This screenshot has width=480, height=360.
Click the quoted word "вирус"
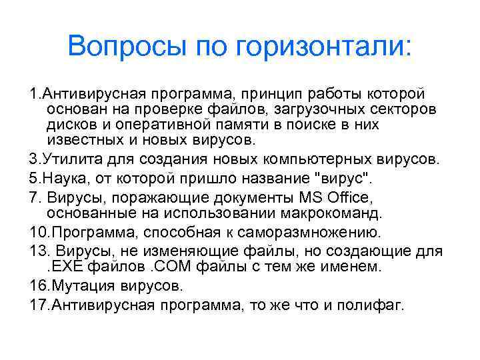point(340,179)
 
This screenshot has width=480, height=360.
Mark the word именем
point(355,267)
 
